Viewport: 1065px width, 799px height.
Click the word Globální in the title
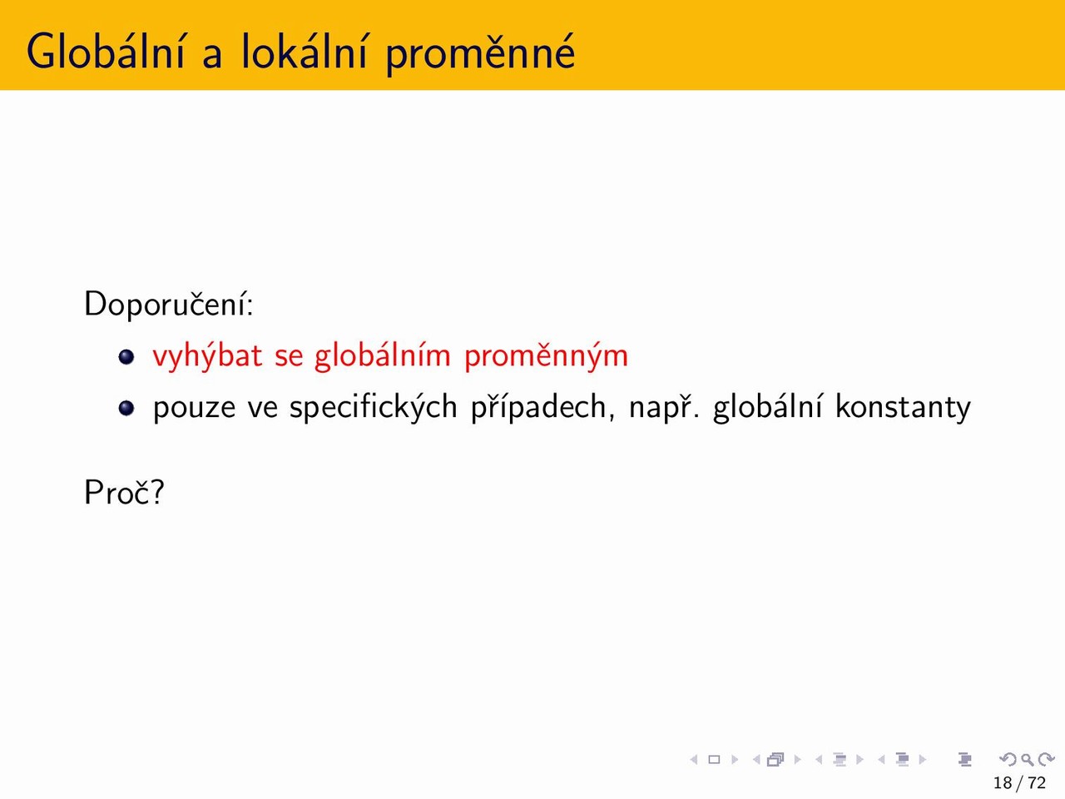pos(106,51)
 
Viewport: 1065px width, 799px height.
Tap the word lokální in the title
pos(304,51)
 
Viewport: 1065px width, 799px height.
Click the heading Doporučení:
pos(168,304)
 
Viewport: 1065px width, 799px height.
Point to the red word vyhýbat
pos(208,356)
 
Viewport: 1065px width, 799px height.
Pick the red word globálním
pos(383,356)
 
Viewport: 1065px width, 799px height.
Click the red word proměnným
pos(547,356)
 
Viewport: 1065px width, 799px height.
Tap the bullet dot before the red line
pos(126,357)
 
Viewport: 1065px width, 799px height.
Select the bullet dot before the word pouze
pos(126,408)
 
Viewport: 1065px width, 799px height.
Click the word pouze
pos(194,409)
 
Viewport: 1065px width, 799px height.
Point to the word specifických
pos(373,408)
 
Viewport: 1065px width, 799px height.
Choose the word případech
pos(539,408)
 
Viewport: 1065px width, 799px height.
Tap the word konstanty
pos(903,406)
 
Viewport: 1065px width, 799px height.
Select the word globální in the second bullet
pos(768,408)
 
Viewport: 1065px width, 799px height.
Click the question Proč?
pos(124,493)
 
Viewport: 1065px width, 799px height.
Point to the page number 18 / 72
pos(1019,782)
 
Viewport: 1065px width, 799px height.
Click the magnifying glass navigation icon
pos(1027,759)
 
